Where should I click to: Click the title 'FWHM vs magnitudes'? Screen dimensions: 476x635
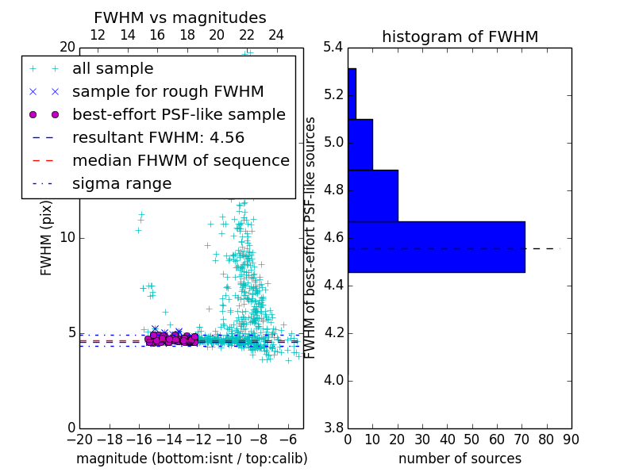click(x=179, y=18)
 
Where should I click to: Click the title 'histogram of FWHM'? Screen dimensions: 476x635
click(x=460, y=36)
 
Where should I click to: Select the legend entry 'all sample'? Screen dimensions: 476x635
click(x=113, y=69)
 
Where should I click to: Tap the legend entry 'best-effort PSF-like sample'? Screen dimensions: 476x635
click(x=179, y=114)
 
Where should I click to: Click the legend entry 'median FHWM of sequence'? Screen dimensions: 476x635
click(x=180, y=160)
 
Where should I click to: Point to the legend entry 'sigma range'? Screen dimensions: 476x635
click(x=121, y=184)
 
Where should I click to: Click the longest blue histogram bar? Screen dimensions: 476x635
click(x=437, y=247)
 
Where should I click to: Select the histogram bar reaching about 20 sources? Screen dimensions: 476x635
click(x=372, y=195)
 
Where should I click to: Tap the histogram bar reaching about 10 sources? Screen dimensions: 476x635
click(x=360, y=144)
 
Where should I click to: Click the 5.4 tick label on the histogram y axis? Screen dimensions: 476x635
click(x=333, y=48)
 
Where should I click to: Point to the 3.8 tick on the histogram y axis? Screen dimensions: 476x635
click(x=333, y=428)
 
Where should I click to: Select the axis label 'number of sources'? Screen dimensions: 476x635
click(x=460, y=459)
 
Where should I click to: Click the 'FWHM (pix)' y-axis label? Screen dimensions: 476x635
click(x=47, y=237)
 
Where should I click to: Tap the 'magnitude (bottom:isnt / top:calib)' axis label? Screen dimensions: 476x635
click(x=191, y=459)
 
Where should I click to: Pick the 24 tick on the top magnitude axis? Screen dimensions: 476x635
click(x=276, y=35)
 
